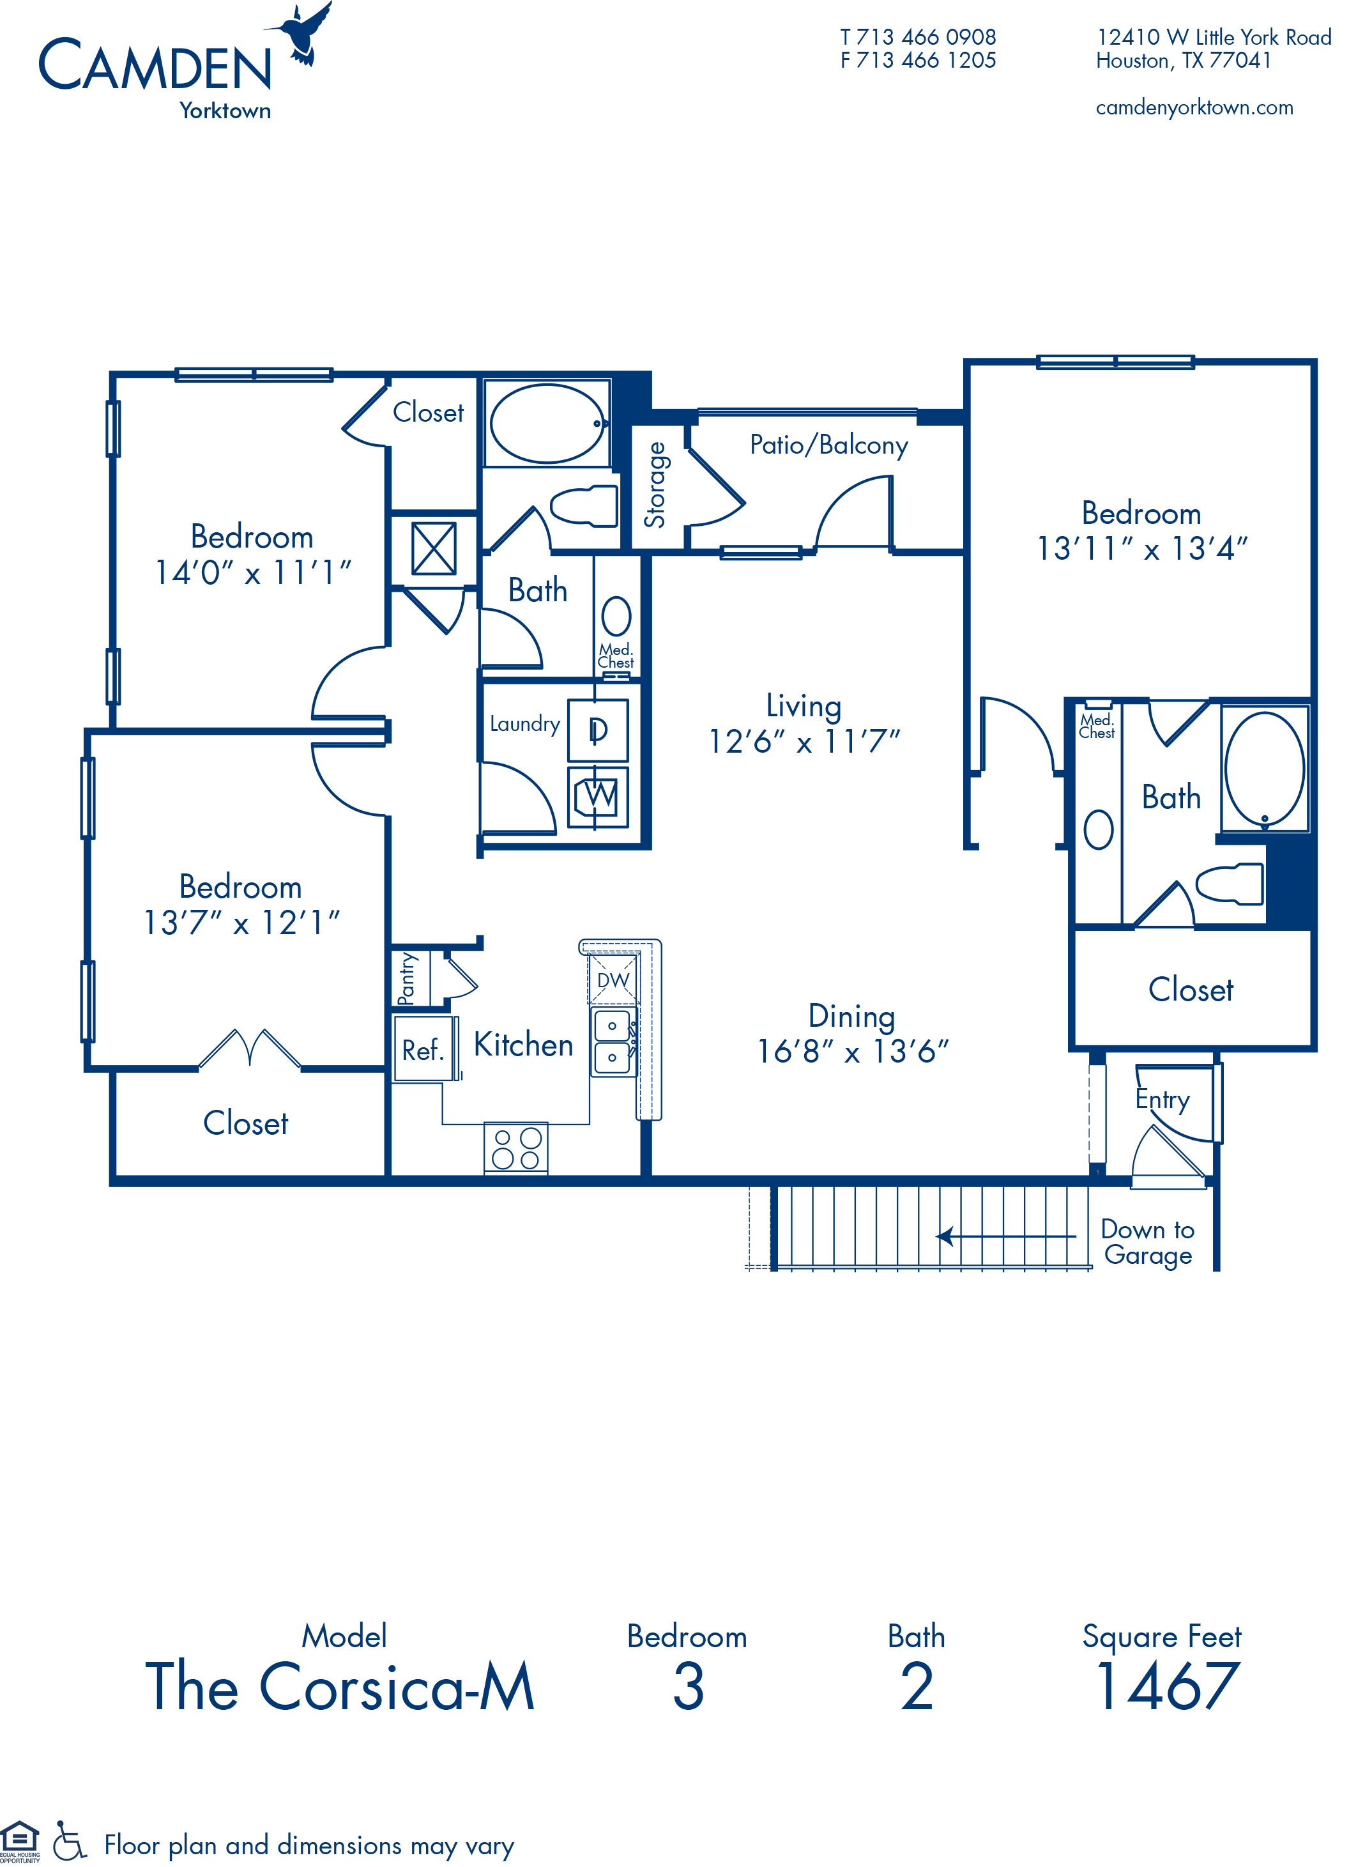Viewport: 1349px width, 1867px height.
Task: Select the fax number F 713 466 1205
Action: click(918, 61)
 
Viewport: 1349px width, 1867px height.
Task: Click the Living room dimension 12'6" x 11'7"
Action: click(804, 742)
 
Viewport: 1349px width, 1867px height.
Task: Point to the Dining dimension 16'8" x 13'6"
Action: click(853, 1052)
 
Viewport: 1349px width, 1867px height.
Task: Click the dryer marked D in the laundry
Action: click(598, 730)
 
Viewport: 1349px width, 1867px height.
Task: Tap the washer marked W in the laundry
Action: click(598, 796)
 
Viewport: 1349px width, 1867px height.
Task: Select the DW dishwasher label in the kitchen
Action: click(613, 980)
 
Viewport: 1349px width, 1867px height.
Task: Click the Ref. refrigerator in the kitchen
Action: click(423, 1050)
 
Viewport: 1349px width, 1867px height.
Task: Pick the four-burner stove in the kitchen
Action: click(516, 1148)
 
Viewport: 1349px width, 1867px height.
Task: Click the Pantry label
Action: click(407, 979)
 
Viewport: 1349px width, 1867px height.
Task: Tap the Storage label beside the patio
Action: click(655, 485)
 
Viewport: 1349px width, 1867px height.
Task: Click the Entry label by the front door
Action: click(1162, 1100)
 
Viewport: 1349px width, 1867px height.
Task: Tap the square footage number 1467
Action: click(1167, 1687)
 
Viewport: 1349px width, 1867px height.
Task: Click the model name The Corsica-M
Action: click(340, 1687)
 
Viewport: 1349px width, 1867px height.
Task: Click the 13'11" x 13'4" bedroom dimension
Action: click(1141, 549)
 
